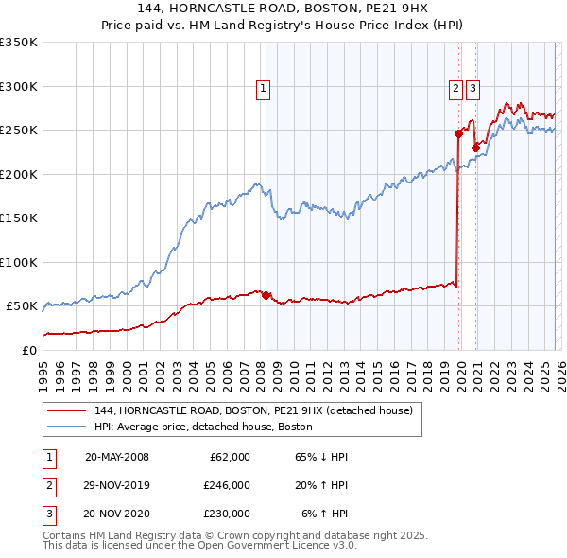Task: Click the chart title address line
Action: coord(283,8)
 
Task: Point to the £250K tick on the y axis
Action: coord(19,131)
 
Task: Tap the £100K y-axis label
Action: coord(19,262)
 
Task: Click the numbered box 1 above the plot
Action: coord(262,89)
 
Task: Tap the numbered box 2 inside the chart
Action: coord(455,89)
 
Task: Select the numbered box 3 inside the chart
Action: coord(472,89)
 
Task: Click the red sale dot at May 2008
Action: coord(266,295)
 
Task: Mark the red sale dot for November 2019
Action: coord(458,133)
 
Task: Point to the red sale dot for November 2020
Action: coord(474,148)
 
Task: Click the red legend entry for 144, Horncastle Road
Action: coord(253,411)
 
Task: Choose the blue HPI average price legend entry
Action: coord(210,427)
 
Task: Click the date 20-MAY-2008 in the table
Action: coord(116,457)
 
